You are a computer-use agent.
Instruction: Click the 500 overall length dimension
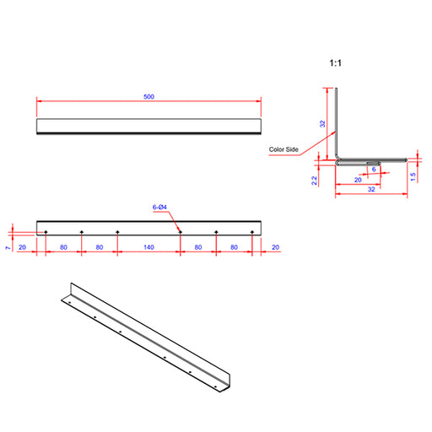[148, 97]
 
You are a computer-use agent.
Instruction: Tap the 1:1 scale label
[336, 63]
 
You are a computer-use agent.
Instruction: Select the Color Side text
[283, 149]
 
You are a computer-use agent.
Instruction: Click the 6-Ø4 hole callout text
[159, 208]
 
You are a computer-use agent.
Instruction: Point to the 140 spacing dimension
[148, 247]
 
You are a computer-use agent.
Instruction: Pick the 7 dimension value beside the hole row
[8, 248]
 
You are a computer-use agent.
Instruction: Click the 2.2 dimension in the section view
[315, 181]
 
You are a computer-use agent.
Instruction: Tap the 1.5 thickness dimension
[413, 176]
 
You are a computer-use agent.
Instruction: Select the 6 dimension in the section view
[374, 170]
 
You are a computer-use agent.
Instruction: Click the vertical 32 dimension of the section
[322, 124]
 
